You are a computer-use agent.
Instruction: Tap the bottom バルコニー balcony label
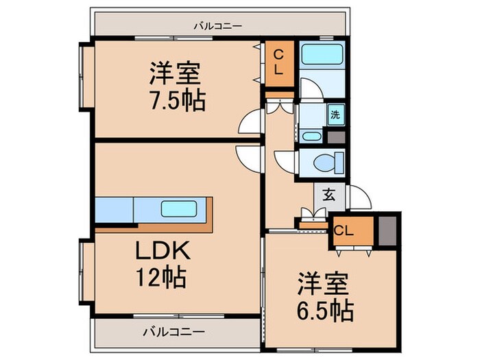pos(173,331)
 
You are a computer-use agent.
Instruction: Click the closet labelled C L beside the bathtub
pos(280,63)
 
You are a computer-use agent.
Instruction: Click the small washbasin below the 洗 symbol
pos(312,136)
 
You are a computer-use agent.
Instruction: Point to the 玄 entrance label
pos(329,195)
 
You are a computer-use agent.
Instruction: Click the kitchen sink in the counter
pos(180,208)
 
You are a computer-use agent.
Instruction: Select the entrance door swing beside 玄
pos(360,199)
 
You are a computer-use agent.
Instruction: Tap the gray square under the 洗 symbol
pos(336,136)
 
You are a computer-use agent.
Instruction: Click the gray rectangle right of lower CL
pos(387,230)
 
